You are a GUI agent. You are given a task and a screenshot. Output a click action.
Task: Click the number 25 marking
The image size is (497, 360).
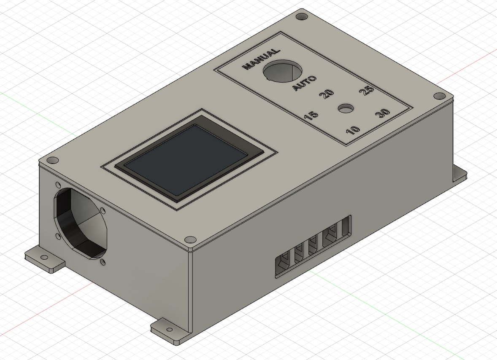click(x=366, y=91)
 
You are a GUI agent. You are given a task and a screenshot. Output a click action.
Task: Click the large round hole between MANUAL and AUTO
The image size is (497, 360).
click(x=283, y=71)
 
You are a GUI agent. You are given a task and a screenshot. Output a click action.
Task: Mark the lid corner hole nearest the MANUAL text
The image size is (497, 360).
click(x=301, y=17)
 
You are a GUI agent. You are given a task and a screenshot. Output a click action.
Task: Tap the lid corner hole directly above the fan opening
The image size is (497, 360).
click(x=52, y=160)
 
